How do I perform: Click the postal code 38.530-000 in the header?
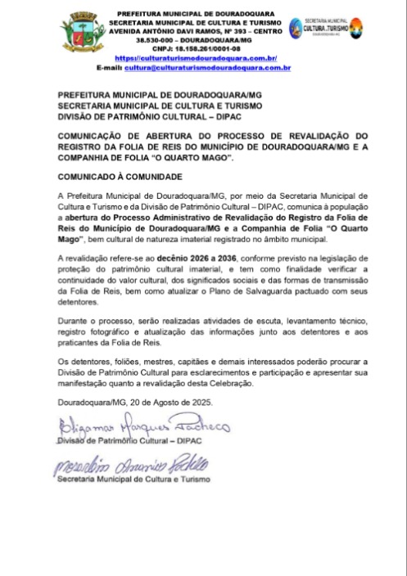(x=161, y=41)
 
